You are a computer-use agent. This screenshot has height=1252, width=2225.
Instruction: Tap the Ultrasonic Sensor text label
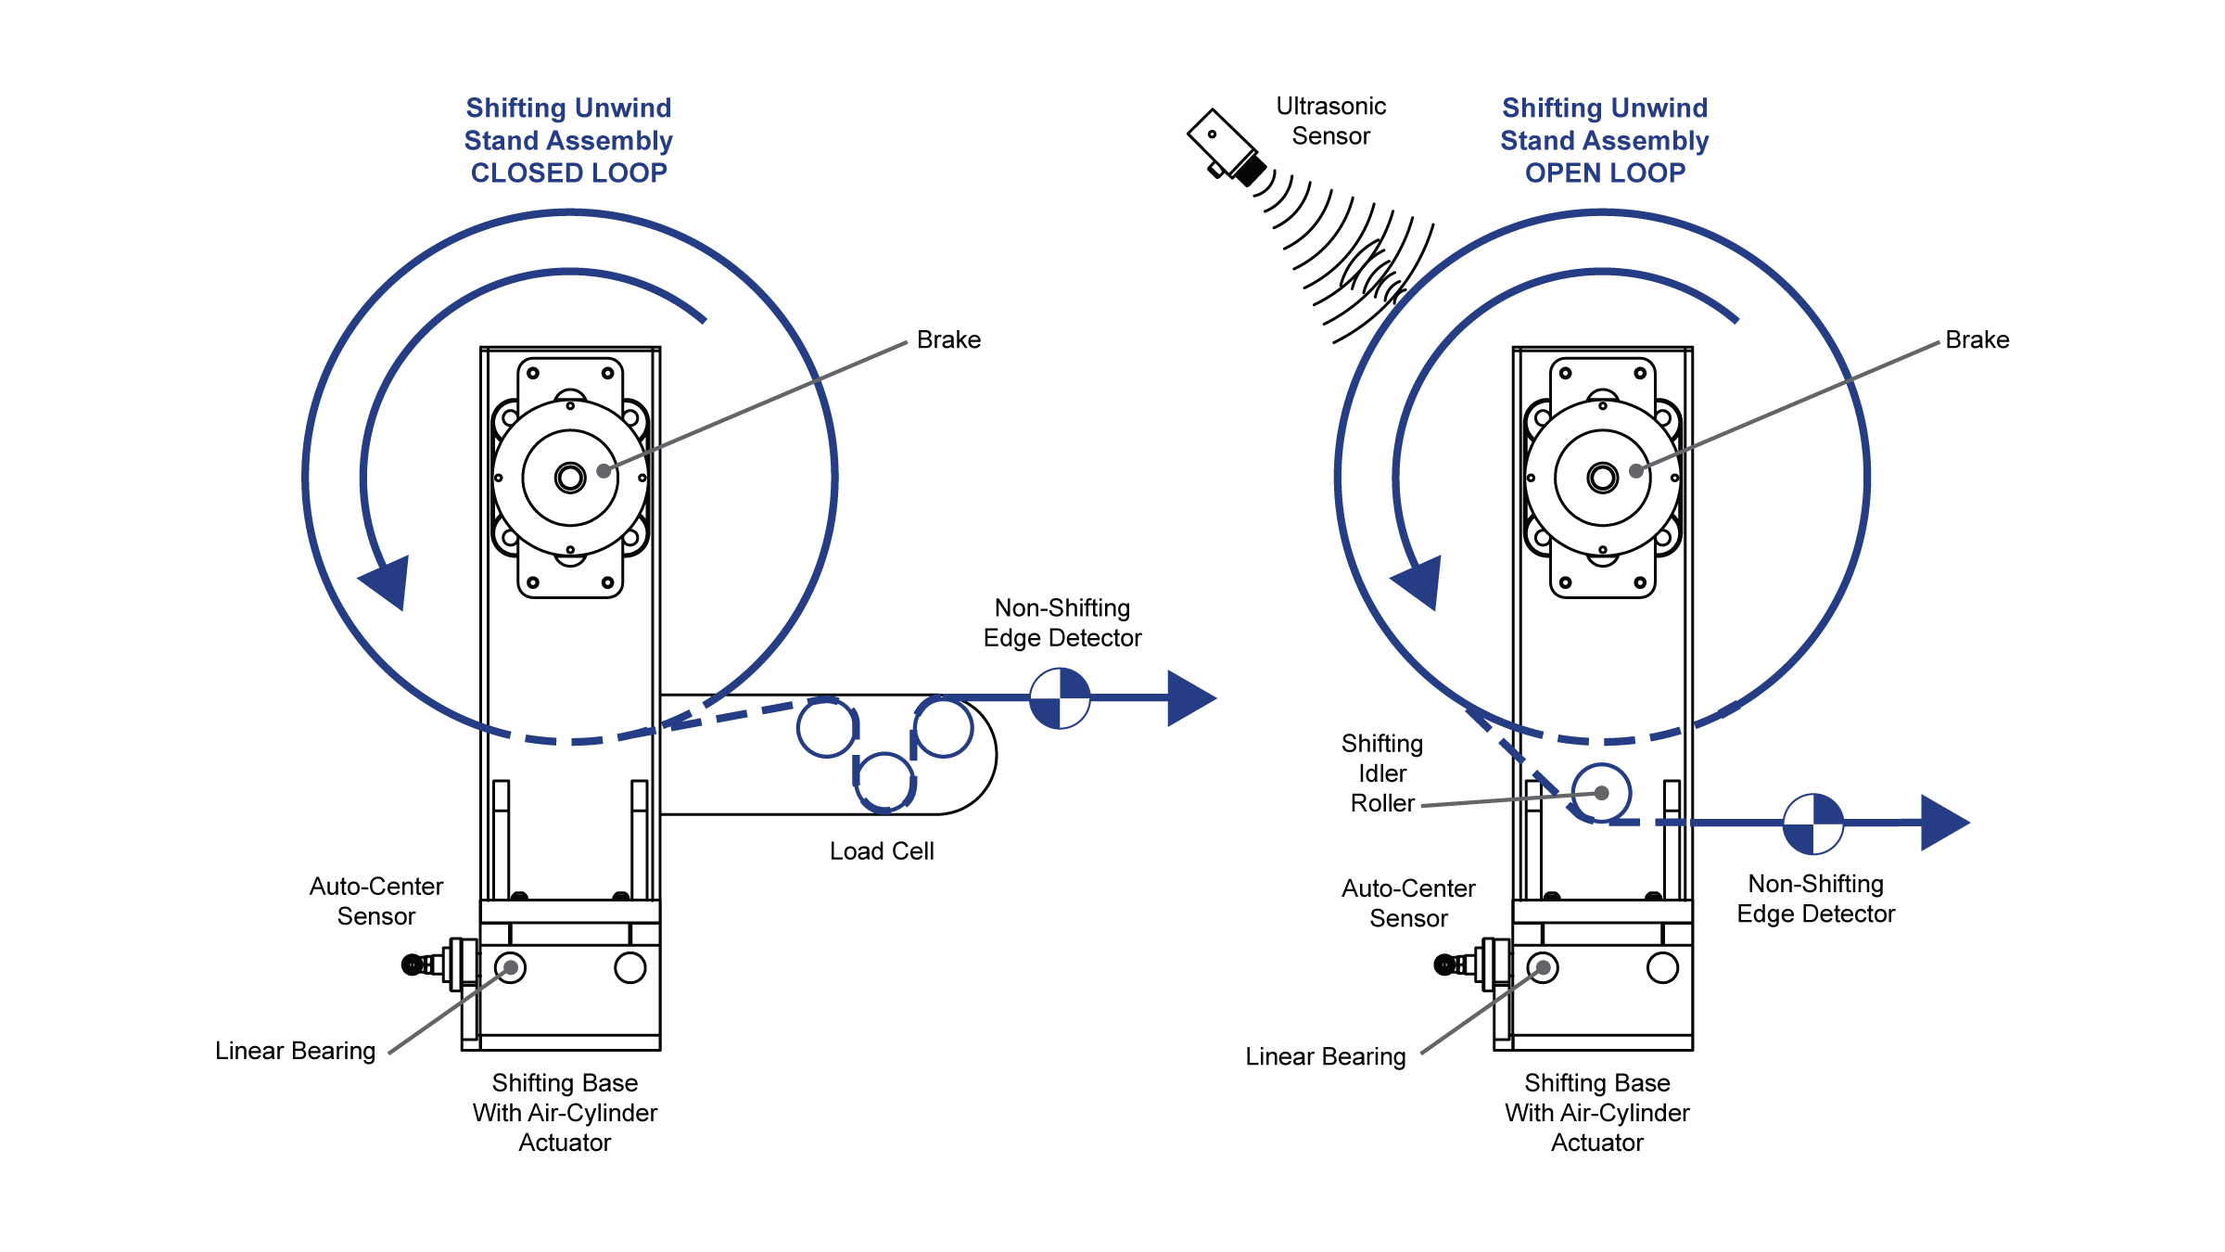point(1330,121)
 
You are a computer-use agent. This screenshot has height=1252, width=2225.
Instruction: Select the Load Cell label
point(882,851)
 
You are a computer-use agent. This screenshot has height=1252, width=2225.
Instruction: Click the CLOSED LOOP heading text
point(568,173)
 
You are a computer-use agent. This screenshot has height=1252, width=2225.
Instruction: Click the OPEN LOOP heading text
point(1605,173)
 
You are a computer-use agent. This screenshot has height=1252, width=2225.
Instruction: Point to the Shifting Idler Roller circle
point(1601,793)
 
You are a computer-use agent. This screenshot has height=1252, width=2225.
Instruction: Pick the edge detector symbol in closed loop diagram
point(1060,698)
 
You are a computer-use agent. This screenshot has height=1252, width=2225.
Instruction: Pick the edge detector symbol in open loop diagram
point(1813,823)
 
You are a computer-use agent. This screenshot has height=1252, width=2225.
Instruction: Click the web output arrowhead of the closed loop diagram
point(1190,698)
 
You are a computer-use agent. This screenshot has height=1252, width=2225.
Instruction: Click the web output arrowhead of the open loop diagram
point(1943,823)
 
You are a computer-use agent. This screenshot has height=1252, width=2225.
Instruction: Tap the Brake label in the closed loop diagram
point(948,340)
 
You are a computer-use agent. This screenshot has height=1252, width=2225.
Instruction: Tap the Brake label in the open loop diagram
point(1977,340)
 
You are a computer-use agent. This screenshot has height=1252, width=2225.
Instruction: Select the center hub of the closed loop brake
point(570,478)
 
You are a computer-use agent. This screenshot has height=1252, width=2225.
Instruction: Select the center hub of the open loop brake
point(1602,478)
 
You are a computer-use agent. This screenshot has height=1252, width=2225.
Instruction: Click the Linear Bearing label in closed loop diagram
point(295,1051)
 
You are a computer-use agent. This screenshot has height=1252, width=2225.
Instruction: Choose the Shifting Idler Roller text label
point(1382,773)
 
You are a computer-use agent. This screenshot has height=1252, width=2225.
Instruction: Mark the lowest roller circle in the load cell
point(884,781)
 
